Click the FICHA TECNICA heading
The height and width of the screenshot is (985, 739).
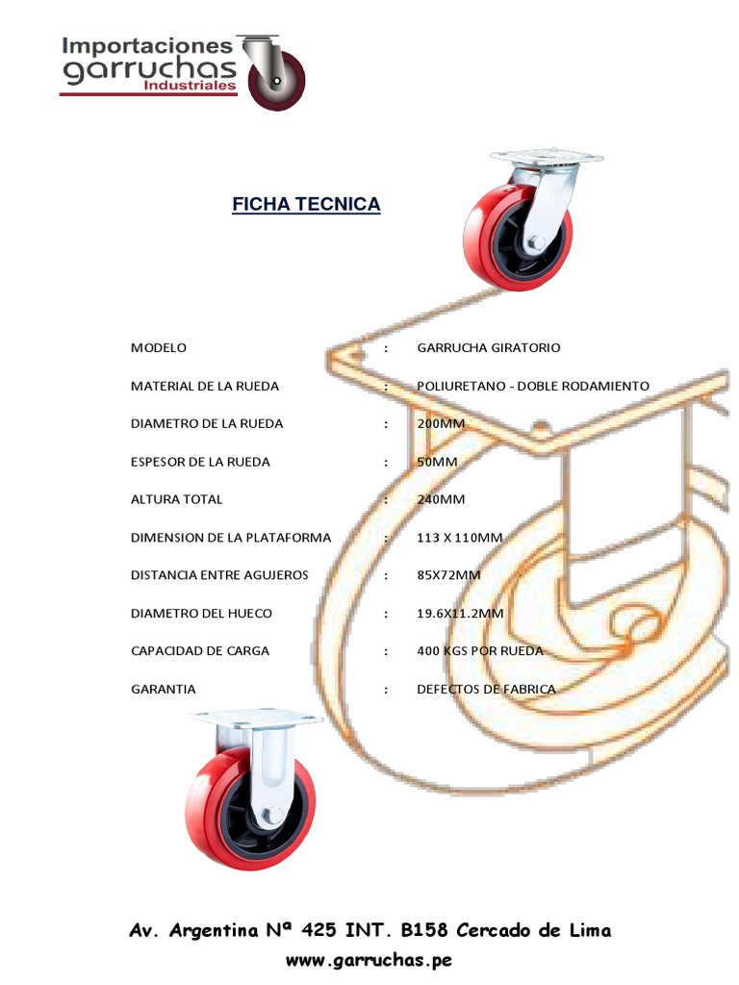(x=306, y=205)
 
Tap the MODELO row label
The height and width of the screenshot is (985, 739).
(x=159, y=348)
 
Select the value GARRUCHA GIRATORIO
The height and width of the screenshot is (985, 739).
(x=489, y=348)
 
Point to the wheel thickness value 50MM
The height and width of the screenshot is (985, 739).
(x=438, y=463)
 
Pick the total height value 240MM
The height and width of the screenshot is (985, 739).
(x=441, y=500)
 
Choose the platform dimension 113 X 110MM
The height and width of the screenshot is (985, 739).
(x=460, y=538)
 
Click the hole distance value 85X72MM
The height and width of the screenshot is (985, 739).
(x=448, y=576)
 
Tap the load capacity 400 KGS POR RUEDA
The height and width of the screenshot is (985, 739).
(x=480, y=651)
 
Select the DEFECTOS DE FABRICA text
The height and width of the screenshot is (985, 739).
(x=486, y=690)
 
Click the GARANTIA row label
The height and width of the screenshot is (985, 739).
(x=164, y=690)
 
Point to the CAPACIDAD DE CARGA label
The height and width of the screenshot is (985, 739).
(x=200, y=651)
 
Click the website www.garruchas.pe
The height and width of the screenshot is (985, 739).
(x=369, y=960)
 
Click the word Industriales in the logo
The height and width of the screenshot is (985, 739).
(x=190, y=86)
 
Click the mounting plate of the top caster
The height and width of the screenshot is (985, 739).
(x=545, y=158)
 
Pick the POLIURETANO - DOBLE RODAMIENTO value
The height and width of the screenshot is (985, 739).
(x=533, y=387)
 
